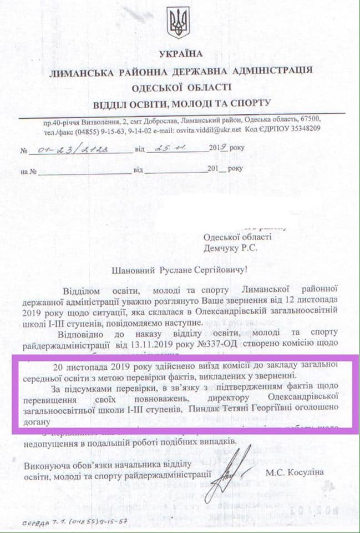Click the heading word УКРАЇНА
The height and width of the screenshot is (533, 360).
[x=181, y=54]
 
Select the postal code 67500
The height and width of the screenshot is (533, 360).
[x=309, y=120]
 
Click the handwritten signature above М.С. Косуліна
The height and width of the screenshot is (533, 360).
[x=232, y=469]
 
